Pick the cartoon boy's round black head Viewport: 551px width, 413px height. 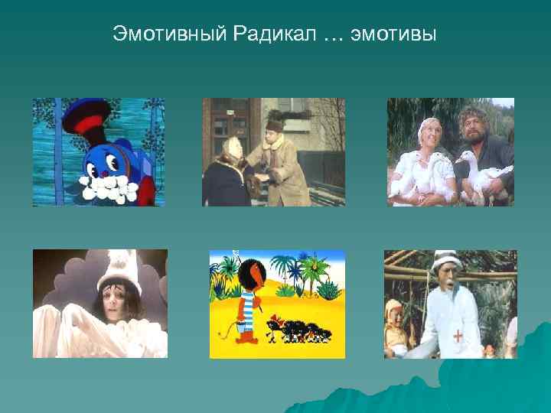[x=249, y=276]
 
